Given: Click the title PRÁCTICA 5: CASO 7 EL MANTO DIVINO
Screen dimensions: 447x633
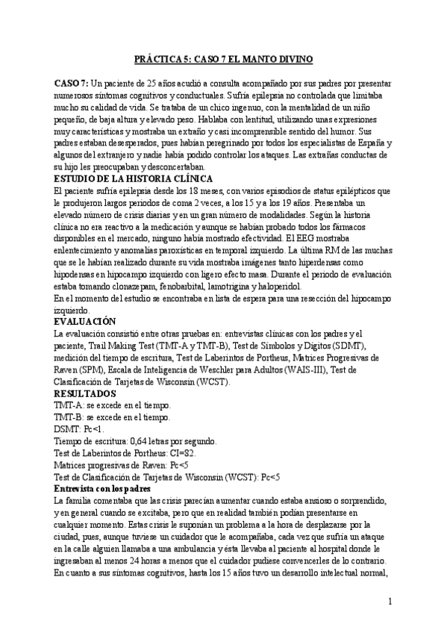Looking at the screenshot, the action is click(223, 57).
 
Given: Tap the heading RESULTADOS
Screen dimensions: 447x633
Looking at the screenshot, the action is click(85, 393).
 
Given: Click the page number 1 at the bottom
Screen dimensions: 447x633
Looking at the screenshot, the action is click(390, 601).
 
